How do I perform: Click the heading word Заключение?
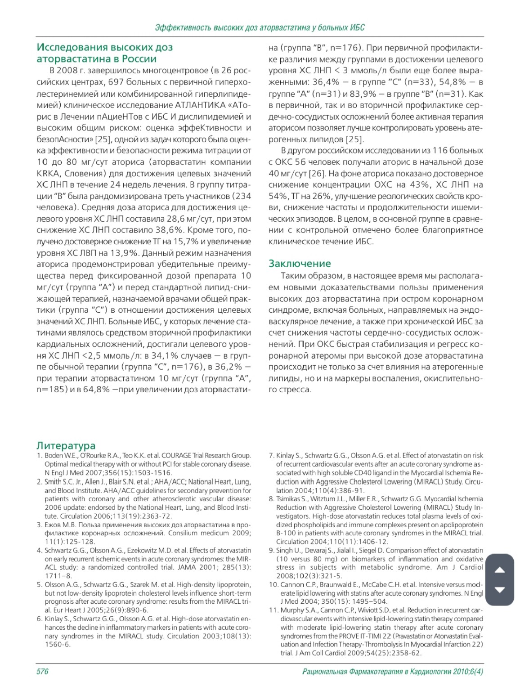pyautogui.click(x=300, y=264)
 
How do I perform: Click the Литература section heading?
pyautogui.click(x=66, y=445)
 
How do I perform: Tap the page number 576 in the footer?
pyautogui.click(x=42, y=671)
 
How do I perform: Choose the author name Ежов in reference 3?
pyautogui.click(x=53, y=525)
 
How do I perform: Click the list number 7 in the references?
pyautogui.click(x=271, y=455)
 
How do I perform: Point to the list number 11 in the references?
pyautogui.click(x=273, y=610)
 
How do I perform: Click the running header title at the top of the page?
pyautogui.click(x=260, y=28)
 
